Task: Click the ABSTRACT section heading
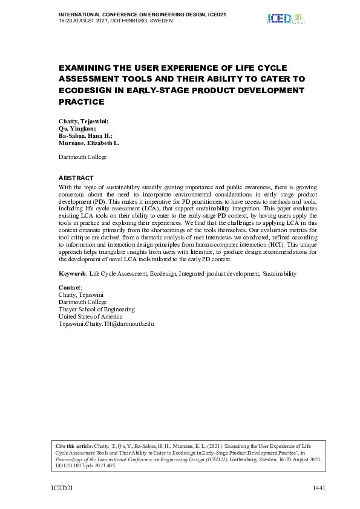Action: [76, 178]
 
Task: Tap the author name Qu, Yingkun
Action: [77, 129]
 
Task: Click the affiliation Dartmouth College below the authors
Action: [82, 157]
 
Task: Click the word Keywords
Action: [72, 274]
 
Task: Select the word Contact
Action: [69, 287]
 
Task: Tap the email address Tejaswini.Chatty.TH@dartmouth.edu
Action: [106, 323]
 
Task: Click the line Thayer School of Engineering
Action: [96, 309]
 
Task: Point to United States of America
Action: [90, 316]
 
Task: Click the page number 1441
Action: [319, 488]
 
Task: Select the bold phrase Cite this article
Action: [74, 446]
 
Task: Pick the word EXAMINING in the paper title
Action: [85, 68]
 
